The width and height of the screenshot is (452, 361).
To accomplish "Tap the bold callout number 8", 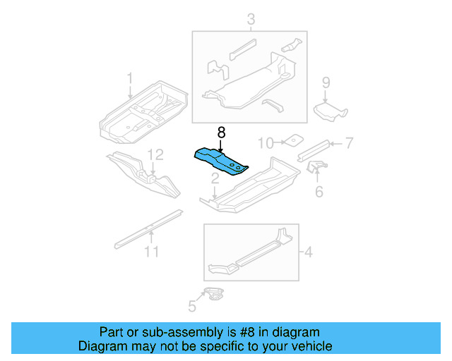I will [x=221, y=132].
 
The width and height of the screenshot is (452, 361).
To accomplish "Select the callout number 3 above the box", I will [x=250, y=19].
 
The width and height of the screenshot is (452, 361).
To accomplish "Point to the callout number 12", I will [x=155, y=154].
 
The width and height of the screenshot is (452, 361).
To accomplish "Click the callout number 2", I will [x=215, y=181].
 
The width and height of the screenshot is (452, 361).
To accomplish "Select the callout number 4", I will [x=308, y=250].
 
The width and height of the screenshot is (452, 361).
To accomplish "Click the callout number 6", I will [x=319, y=191].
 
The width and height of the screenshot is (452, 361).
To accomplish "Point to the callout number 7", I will [x=348, y=143].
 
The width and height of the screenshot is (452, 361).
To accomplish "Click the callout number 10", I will [x=264, y=143].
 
